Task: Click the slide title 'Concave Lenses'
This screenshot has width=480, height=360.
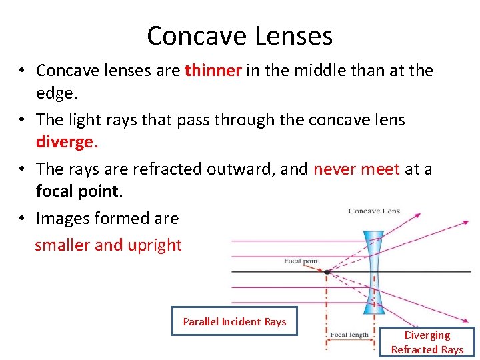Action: pos(240,35)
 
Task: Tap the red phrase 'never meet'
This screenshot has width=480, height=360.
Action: pos(356,169)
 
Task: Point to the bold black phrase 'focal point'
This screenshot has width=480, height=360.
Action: pos(77,191)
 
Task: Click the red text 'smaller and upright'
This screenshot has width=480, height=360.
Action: pos(108,245)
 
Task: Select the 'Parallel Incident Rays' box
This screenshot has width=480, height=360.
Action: pos(235,321)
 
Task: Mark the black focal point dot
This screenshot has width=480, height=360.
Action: pos(326,272)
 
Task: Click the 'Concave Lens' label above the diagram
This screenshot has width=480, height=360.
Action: pos(374,211)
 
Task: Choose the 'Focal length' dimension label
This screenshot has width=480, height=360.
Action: pos(350,335)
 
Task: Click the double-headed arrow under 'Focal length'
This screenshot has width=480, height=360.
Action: pos(350,346)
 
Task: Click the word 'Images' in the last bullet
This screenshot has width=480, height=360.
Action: pos(61,218)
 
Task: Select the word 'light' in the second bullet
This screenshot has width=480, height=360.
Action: pos(84,119)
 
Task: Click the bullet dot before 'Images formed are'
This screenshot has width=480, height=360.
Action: pos(22,218)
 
